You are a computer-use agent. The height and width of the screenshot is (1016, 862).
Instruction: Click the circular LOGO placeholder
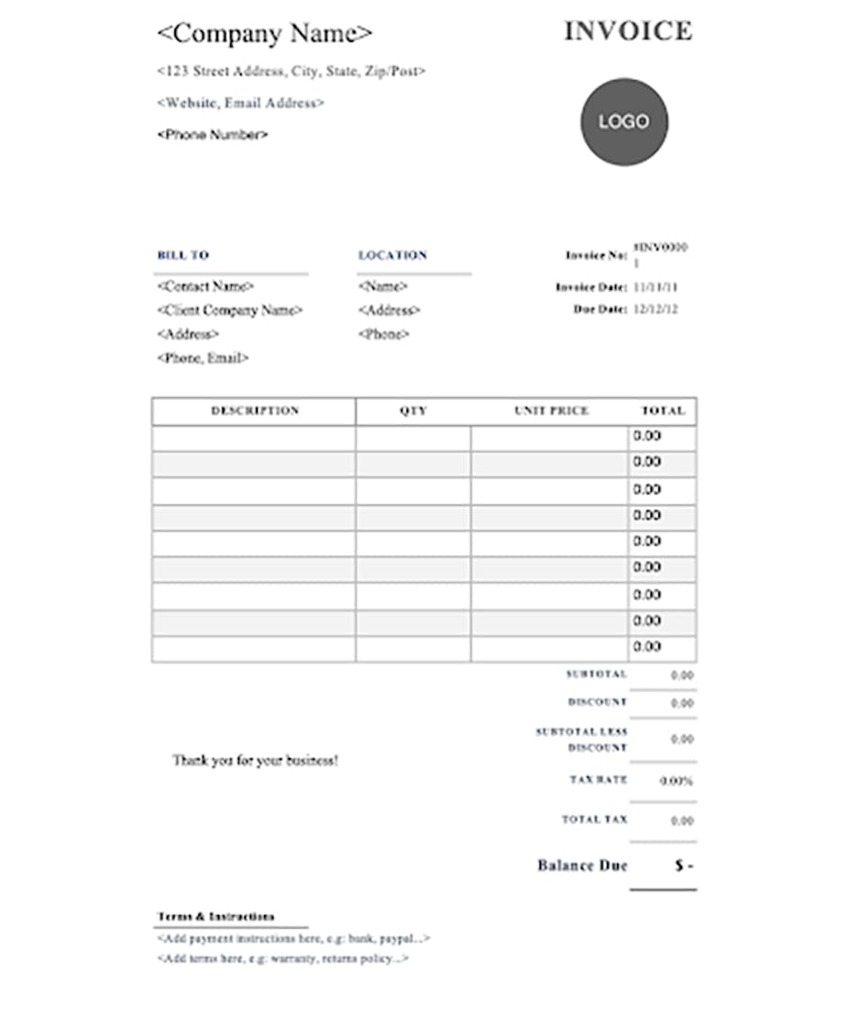pos(624,122)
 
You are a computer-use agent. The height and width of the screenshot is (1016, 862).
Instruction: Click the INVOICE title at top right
pos(627,31)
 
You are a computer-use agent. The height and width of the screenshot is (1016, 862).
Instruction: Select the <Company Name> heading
pos(265,34)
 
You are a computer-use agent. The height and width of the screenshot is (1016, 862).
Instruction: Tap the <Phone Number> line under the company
pos(213,135)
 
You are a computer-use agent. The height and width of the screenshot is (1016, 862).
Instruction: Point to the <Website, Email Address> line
pos(240,103)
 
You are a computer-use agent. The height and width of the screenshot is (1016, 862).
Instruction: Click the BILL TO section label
pos(183,255)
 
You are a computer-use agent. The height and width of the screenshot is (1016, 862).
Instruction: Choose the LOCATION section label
pos(392,255)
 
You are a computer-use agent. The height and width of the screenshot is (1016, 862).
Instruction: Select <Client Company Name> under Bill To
pos(230,310)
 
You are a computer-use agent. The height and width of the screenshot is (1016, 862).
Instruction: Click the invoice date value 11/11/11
pos(656,287)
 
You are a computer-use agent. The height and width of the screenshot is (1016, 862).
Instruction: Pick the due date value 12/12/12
pos(656,309)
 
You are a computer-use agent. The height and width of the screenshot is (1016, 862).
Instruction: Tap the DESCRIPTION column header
pos(255,411)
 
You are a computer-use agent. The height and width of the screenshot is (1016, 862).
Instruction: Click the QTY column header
pos(413,411)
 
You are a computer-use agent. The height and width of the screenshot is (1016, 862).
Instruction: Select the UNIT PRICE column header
pos(551,411)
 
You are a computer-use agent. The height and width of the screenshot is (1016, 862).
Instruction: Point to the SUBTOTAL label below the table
pos(597,675)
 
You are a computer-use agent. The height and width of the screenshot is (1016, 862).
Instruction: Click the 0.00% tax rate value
pos(676,781)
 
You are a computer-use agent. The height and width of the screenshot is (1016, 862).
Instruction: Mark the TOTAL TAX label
pos(594,820)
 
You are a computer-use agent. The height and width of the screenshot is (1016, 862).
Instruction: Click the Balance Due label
pos(582,865)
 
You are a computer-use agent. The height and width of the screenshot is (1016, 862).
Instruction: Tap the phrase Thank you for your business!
pos(255,761)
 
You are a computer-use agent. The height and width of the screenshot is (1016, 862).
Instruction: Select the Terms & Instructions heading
pos(215,917)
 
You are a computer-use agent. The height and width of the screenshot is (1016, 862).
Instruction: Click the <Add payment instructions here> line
pos(293,939)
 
